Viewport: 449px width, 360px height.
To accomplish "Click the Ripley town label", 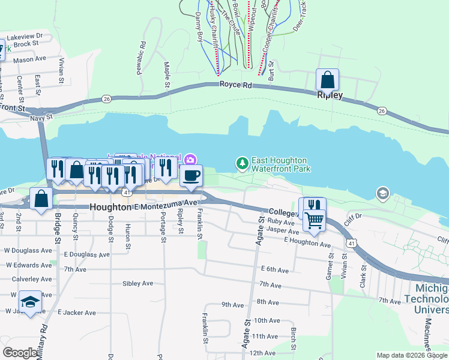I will [330, 95].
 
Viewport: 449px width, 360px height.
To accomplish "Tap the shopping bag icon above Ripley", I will [327, 80].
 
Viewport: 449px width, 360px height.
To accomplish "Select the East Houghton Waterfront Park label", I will [280, 164].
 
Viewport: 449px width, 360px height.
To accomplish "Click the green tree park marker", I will [242, 163].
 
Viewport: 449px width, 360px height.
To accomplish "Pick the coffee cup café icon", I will [191, 176].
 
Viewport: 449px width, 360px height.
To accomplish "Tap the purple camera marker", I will [190, 159].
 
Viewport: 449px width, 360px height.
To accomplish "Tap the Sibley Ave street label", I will [137, 283].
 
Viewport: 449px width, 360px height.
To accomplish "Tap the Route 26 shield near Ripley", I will [382, 110].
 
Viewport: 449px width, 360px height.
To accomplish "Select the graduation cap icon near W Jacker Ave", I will [30, 302].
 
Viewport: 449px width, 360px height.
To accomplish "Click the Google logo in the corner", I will [20, 353].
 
